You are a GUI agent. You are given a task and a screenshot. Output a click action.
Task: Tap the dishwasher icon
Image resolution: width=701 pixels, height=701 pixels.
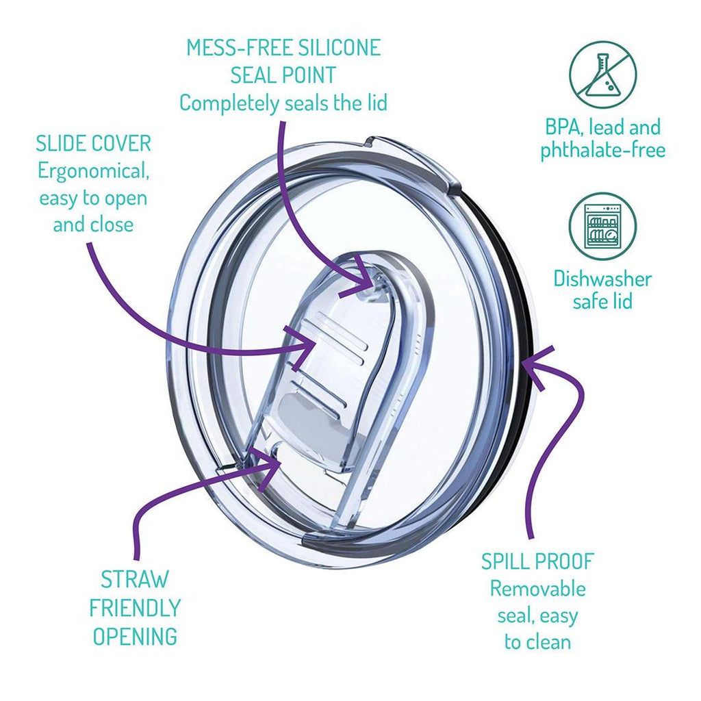[602, 226]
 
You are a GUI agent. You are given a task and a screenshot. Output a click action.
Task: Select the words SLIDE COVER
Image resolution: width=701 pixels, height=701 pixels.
[94, 144]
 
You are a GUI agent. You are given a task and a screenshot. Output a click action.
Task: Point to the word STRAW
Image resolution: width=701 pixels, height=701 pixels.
[134, 579]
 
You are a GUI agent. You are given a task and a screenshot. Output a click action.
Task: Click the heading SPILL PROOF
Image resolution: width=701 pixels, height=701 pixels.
[537, 561]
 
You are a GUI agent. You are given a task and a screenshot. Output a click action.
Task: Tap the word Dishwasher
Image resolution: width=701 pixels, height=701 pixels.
[602, 279]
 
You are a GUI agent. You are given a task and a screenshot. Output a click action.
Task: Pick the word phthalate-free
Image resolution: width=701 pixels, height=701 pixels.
[602, 151]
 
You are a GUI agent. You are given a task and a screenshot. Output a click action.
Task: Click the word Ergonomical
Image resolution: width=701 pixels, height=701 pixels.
[94, 170]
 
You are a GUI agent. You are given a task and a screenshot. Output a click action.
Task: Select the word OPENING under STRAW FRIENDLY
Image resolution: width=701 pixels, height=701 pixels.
[135, 636]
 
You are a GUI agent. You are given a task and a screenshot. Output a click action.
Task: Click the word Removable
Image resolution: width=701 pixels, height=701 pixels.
[537, 588]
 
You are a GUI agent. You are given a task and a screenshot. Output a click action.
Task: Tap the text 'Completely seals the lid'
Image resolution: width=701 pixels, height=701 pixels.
[283, 103]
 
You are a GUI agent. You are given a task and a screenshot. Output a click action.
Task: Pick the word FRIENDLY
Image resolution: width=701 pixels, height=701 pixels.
[135, 607]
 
